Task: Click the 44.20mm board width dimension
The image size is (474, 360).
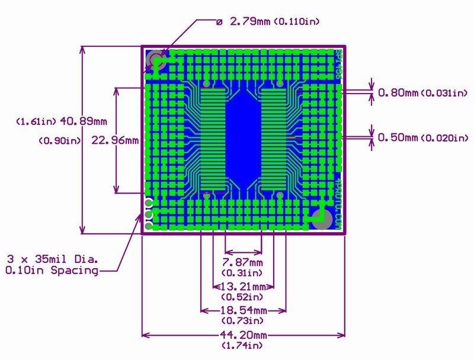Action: click(x=243, y=335)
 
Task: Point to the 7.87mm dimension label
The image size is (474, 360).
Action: click(x=243, y=262)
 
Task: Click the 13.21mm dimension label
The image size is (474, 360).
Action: click(x=243, y=286)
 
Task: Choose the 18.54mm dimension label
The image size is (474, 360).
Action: click(x=243, y=310)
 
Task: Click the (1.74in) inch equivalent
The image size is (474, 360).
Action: click(x=242, y=345)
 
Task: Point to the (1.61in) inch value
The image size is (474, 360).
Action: click(x=36, y=121)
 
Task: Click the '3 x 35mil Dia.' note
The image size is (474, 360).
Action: click(x=53, y=259)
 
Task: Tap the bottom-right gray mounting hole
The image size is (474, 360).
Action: click(x=322, y=219)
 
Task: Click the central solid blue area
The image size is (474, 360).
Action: click(x=243, y=139)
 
